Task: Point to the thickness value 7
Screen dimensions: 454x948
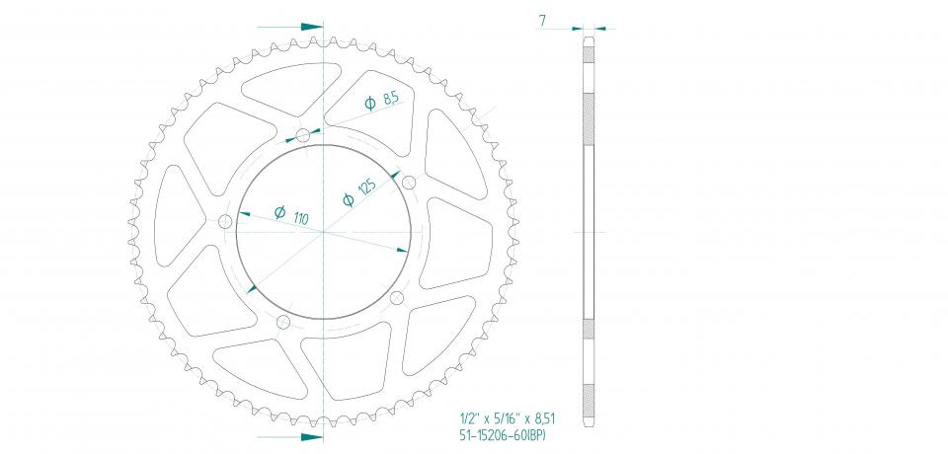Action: pyautogui.click(x=542, y=19)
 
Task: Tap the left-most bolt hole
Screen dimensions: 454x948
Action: pyautogui.click(x=224, y=219)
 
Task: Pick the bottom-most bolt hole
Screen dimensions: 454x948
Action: pyautogui.click(x=283, y=322)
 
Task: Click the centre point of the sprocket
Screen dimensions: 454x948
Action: pyautogui.click(x=323, y=232)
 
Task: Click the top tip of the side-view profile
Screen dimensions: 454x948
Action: pyautogui.click(x=589, y=38)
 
